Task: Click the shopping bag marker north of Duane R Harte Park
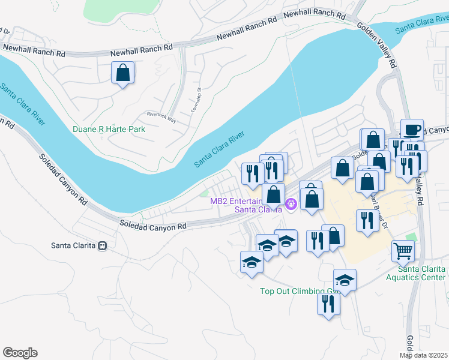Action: tap(122, 74)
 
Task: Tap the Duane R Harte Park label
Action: tap(109, 129)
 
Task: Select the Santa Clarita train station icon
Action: tap(103, 245)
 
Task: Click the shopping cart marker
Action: tap(403, 250)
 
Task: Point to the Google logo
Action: tap(20, 353)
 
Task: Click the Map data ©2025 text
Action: tap(423, 355)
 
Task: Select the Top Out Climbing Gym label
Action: tap(297, 292)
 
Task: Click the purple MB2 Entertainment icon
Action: tap(292, 204)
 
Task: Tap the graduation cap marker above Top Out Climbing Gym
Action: tap(345, 280)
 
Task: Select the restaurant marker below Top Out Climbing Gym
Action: tap(328, 303)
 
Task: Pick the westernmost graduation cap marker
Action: tap(252, 262)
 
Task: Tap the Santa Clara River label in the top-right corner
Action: tap(421, 26)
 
